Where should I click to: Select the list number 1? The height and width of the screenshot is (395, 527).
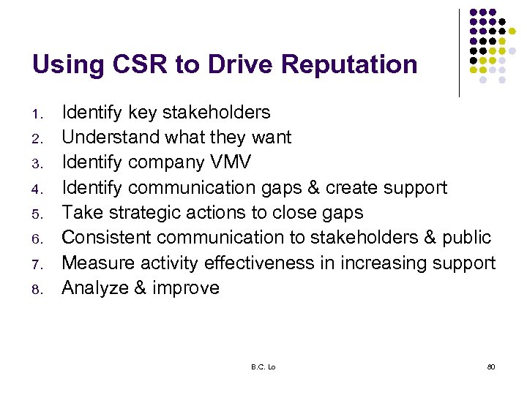(x=42, y=114)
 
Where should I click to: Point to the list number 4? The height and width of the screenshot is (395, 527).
(x=42, y=189)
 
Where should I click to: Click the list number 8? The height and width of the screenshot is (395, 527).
(x=42, y=290)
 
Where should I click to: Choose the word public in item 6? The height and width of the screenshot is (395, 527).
(x=466, y=238)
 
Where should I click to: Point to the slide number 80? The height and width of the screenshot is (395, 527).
(x=491, y=366)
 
